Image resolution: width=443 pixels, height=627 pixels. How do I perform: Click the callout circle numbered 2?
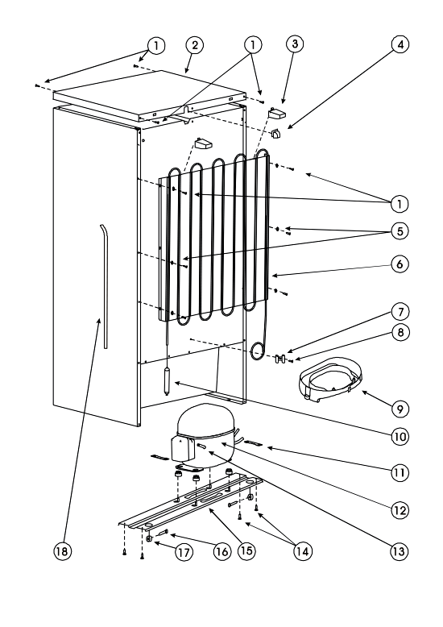coord(195,45)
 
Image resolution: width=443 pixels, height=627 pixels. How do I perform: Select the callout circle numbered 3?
coord(295,44)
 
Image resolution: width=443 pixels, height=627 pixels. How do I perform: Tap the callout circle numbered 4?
coord(400,44)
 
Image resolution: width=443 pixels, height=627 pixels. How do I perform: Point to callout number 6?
coord(400,264)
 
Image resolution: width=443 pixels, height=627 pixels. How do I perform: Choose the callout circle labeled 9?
coord(400,409)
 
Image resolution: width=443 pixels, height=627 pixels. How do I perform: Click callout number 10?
coord(400,436)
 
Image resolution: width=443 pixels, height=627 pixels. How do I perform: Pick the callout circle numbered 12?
coord(400,510)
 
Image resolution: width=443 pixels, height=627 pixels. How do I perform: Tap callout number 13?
coord(399,551)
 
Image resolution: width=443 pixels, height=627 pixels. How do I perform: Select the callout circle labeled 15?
coord(246,550)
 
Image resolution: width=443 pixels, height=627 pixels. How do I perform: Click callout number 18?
coord(62,551)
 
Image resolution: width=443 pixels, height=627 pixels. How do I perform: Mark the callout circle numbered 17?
coord(184,552)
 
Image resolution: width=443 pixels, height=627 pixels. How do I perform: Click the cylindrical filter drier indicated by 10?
coord(167,382)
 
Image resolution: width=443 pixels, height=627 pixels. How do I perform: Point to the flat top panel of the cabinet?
coord(149,96)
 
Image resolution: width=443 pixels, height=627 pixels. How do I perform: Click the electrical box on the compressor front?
coord(182,448)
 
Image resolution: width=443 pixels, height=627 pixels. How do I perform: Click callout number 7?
coord(400,312)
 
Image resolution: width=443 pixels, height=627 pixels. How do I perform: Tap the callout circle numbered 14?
coord(302,551)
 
